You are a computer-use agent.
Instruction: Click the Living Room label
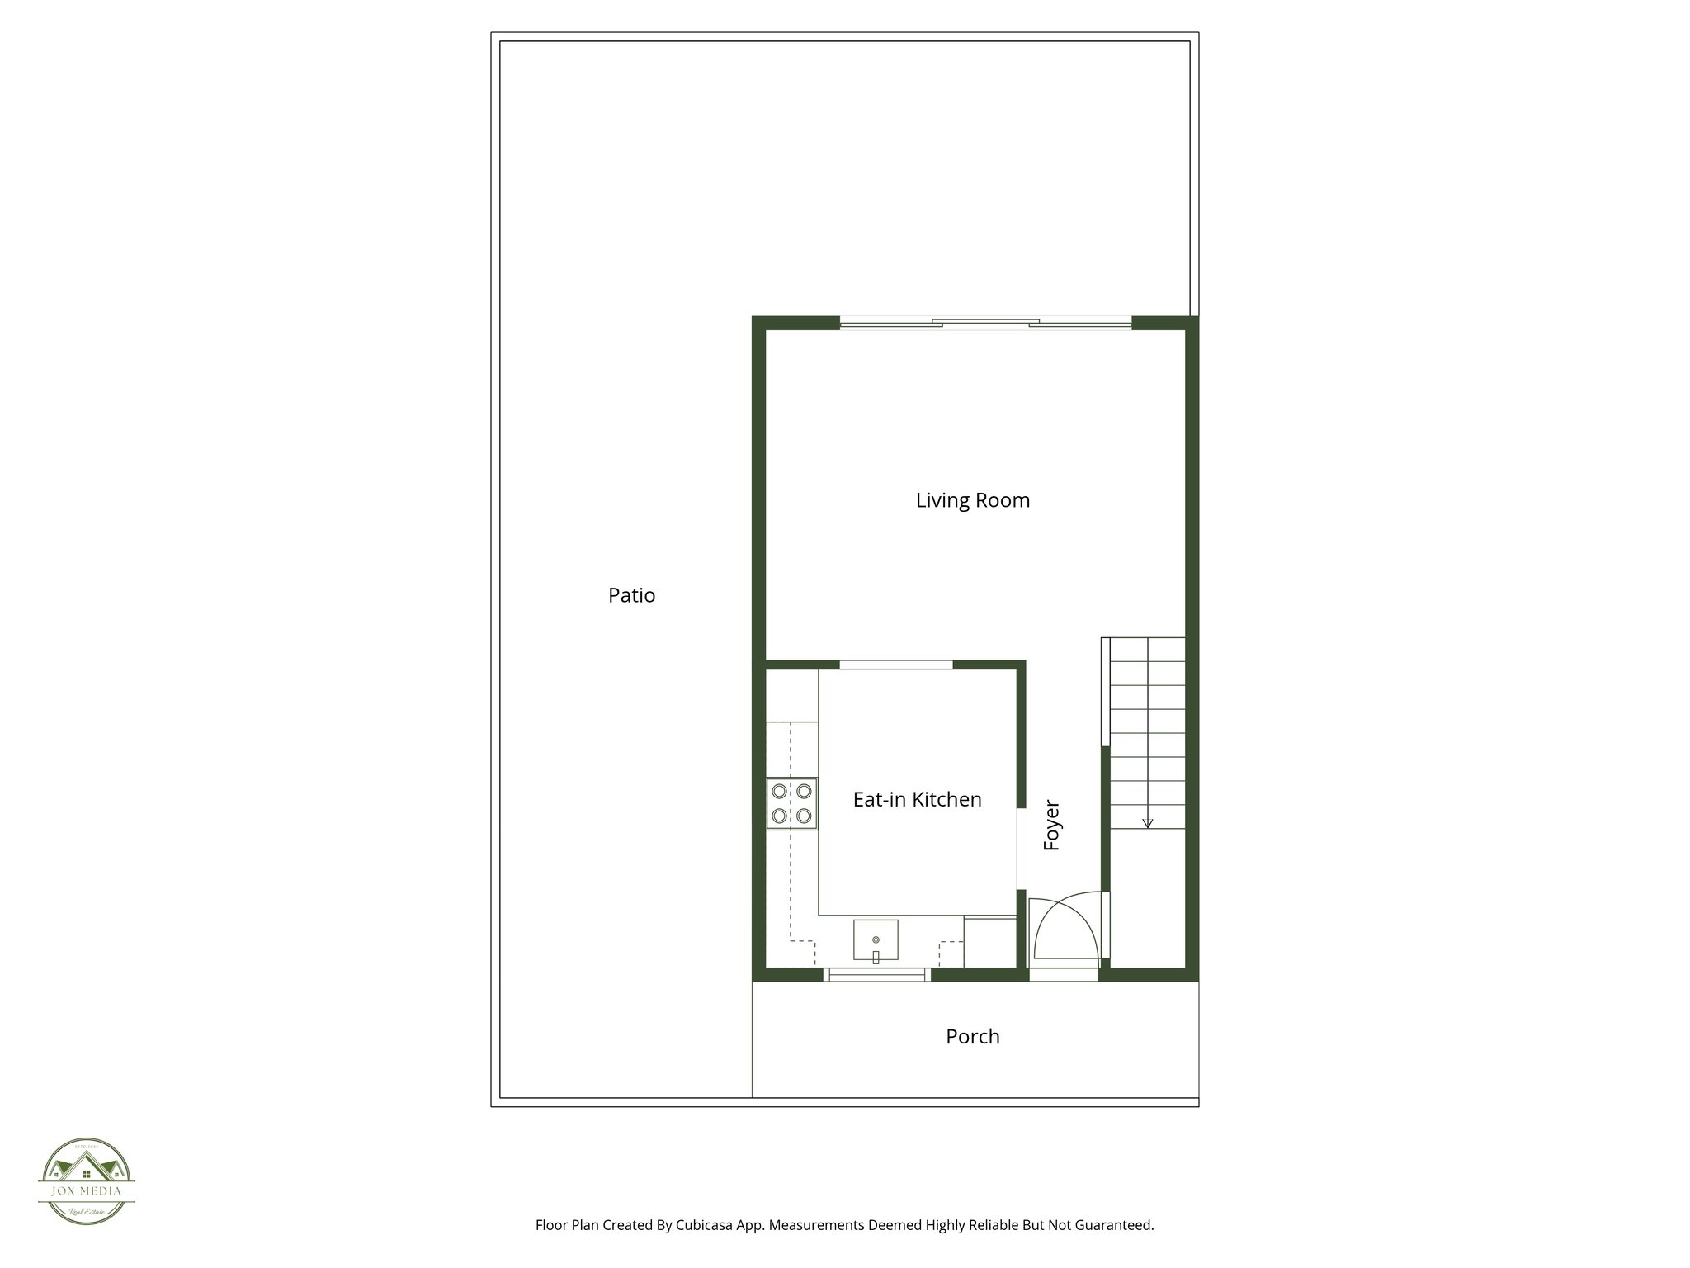tap(973, 500)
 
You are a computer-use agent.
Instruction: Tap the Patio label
tap(631, 595)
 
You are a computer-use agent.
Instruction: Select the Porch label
tap(972, 1036)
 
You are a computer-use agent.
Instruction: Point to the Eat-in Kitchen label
tap(917, 799)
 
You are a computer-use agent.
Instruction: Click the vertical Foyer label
tap(1051, 825)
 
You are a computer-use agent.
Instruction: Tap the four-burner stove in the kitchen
tap(791, 804)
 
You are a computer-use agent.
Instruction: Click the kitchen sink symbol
tap(876, 940)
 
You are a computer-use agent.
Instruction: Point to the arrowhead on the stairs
tap(1147, 823)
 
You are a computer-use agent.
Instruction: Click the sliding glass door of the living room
tap(985, 324)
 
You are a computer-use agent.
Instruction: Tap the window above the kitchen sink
tap(877, 975)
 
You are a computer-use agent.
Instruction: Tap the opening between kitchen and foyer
tap(1021, 849)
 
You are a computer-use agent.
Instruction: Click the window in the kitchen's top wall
tap(895, 665)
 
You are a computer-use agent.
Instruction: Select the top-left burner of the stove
tap(779, 791)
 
